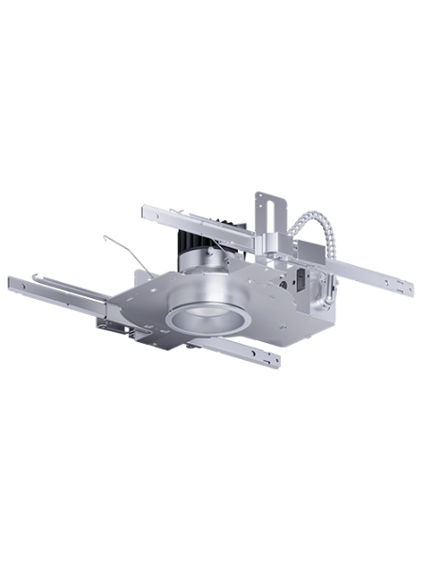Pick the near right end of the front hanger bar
(x=274, y=360)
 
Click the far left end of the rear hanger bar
(x=146, y=211)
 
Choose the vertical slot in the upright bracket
(x=266, y=211)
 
